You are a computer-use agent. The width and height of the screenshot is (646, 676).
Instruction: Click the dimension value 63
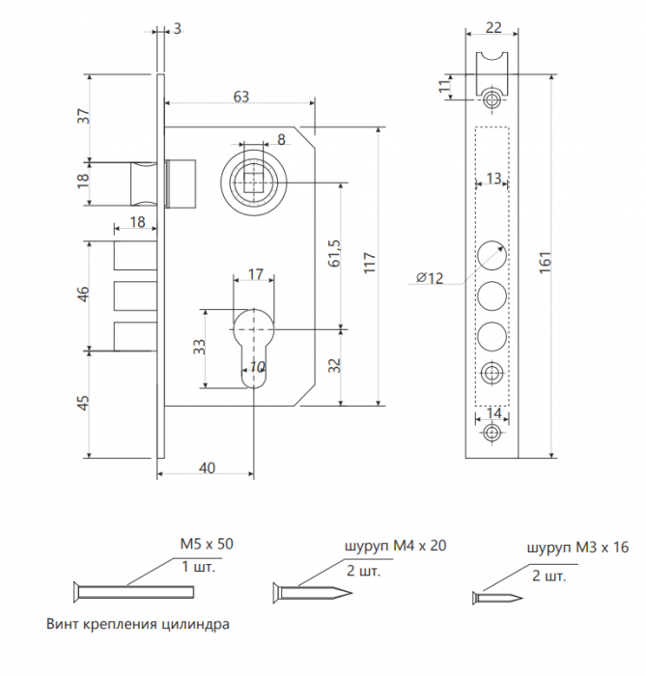click(x=241, y=97)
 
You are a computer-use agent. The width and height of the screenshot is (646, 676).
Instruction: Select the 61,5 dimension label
click(x=334, y=253)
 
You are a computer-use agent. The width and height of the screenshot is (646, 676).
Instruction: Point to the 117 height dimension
click(x=369, y=263)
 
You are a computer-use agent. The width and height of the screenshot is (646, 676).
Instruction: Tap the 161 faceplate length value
click(x=545, y=262)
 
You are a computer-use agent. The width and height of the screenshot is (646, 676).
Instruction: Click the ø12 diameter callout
click(x=430, y=277)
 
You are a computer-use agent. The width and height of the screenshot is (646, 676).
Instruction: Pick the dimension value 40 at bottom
click(x=208, y=467)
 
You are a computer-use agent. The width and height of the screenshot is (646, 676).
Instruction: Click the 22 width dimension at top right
click(x=493, y=28)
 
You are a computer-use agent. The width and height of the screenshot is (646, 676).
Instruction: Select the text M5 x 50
click(x=207, y=544)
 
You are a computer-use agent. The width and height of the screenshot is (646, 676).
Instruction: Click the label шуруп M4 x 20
click(x=396, y=546)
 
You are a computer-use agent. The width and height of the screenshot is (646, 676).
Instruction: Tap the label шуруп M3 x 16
click(x=577, y=548)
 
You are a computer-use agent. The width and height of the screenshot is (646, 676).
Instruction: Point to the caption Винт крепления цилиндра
click(x=138, y=624)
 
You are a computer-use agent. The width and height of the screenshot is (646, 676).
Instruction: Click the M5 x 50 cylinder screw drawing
click(x=133, y=591)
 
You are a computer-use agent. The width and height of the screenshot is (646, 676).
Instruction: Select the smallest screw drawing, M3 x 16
click(x=497, y=598)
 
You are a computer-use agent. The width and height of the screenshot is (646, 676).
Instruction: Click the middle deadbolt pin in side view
click(x=135, y=296)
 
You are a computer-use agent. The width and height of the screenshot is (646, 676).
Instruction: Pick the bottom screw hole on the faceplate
click(x=492, y=432)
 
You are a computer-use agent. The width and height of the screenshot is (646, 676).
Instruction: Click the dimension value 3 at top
click(x=177, y=28)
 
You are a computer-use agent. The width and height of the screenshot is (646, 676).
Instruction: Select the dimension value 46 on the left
click(x=84, y=294)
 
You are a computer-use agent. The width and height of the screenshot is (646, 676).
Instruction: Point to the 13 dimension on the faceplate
click(x=493, y=178)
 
